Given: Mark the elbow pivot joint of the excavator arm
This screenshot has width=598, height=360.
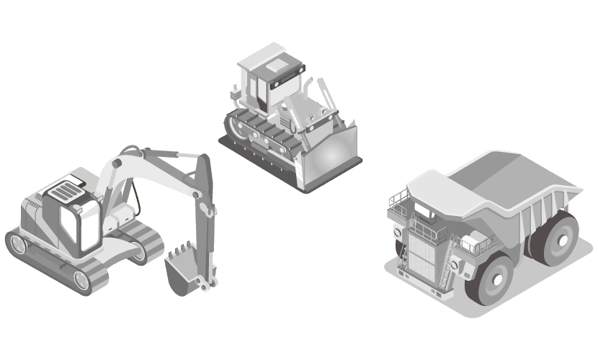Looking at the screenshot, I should click(x=210, y=210).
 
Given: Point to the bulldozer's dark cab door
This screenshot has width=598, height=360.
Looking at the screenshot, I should click(x=255, y=91).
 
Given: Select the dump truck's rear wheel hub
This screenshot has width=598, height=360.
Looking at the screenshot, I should click(x=555, y=236).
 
